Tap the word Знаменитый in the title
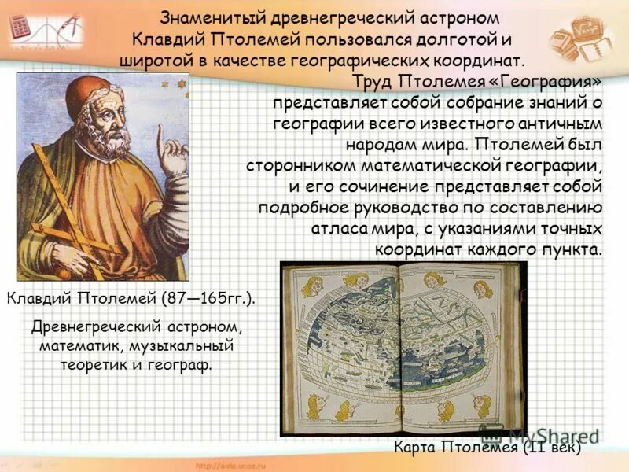pos(208,17)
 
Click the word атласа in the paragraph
pos(334,229)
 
